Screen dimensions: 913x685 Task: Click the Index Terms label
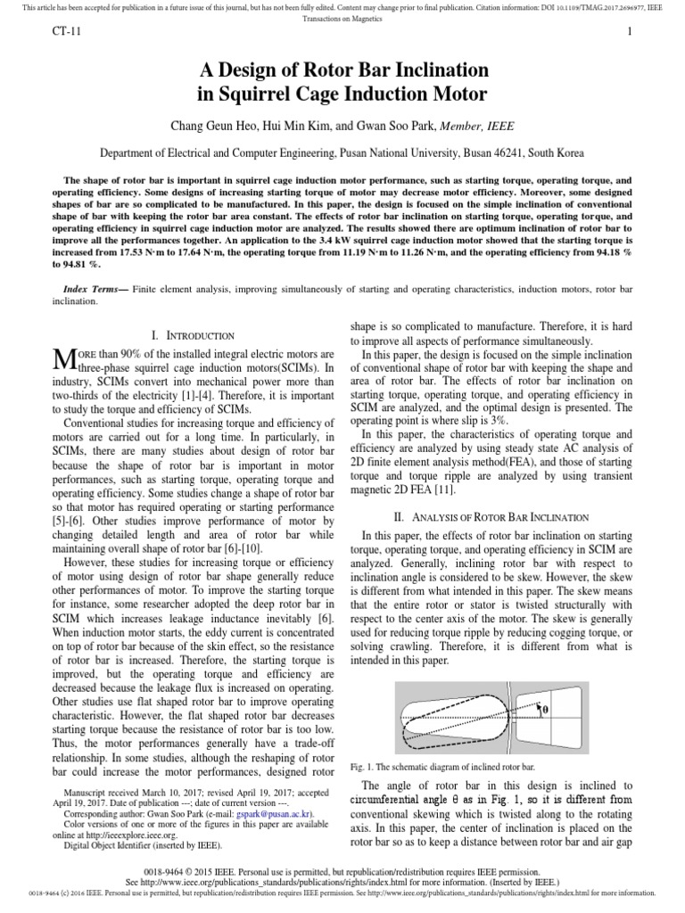tap(96, 290)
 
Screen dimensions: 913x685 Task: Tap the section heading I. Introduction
tap(194, 335)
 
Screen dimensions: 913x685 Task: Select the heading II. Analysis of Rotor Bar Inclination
tap(491, 516)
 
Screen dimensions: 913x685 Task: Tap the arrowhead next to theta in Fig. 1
tap(538, 703)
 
